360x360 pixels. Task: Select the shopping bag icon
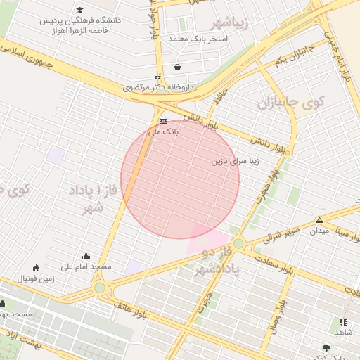coord(177,67)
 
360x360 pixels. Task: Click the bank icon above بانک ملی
coord(163,121)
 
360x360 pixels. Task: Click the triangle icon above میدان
coord(319,220)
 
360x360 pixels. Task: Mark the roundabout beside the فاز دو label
coord(238,243)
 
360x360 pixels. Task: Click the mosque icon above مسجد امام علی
coord(86,256)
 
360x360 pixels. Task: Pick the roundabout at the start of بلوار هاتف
coord(99,287)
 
